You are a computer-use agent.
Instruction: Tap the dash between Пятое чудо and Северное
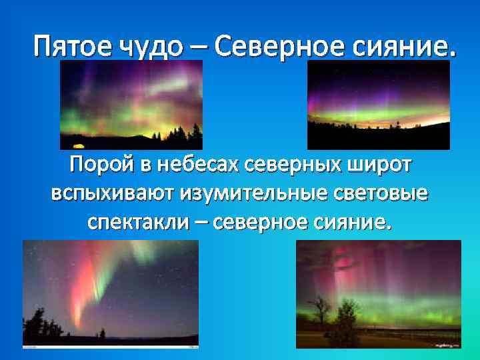click(x=201, y=47)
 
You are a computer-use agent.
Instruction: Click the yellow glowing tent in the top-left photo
click(x=78, y=145)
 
